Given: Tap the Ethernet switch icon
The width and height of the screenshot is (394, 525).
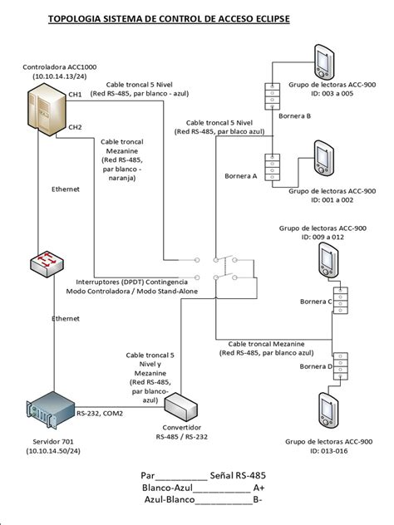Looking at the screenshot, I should click(x=43, y=264).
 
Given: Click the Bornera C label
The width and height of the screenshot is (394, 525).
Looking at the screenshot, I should click(x=316, y=301).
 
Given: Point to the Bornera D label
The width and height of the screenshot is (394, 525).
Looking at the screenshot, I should click(x=316, y=366).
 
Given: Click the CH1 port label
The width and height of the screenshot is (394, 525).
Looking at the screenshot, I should click(x=75, y=95).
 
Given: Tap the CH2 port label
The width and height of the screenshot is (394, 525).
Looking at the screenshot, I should click(x=75, y=127).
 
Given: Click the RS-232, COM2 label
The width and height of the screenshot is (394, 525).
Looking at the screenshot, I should click(x=100, y=412).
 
